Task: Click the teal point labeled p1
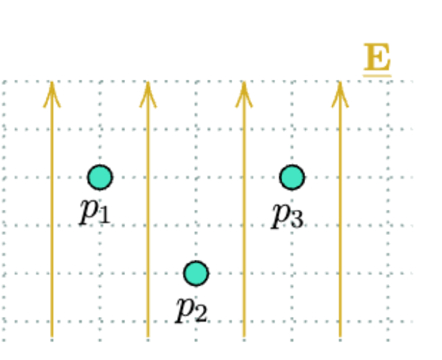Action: point(100,177)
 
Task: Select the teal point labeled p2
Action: point(196,273)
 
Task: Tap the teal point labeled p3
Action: point(292,177)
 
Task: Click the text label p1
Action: point(95,211)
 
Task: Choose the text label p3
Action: point(287,213)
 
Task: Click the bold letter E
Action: point(377,58)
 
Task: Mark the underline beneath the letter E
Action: point(377,74)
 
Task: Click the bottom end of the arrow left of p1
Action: point(52,337)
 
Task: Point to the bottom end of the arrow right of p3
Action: point(340,337)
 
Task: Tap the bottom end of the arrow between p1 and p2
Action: point(148,337)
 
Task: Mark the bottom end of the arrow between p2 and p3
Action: point(244,337)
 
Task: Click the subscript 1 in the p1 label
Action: point(104,216)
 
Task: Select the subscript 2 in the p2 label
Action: point(200,313)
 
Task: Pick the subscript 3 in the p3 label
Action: point(296,219)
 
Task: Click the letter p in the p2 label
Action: point(184,306)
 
